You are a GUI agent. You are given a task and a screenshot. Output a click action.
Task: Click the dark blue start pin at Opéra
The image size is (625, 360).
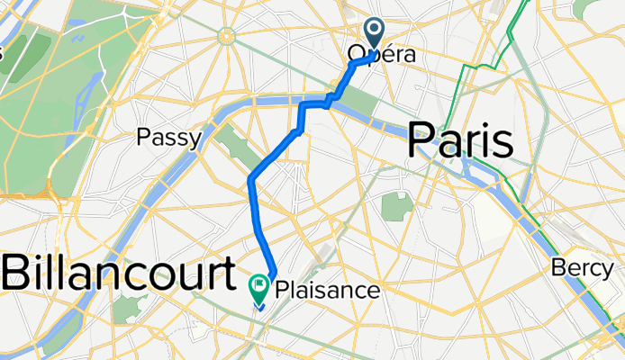tap(375, 34)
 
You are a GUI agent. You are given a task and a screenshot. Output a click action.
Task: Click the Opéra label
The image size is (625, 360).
tap(383, 55)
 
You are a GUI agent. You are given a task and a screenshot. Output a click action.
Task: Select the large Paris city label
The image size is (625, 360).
tap(461, 141)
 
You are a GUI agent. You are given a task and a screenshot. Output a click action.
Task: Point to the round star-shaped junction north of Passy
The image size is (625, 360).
tap(224, 36)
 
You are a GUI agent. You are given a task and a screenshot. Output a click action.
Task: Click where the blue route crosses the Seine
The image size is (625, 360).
tap(302, 107)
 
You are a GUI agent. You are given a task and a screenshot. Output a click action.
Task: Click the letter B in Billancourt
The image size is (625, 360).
tap(20, 271)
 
